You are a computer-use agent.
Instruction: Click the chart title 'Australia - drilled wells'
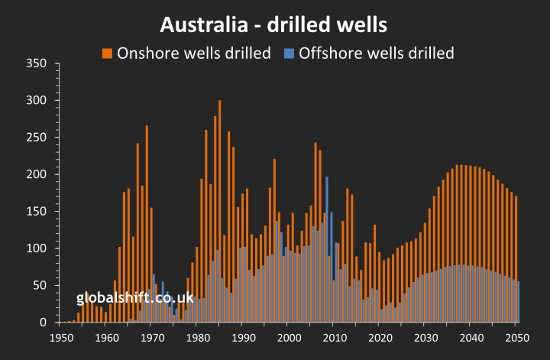click(x=273, y=24)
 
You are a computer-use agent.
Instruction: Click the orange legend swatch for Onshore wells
click(x=108, y=53)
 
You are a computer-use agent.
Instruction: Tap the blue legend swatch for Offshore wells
click(x=290, y=53)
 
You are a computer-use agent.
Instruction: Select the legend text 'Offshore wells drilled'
click(x=377, y=53)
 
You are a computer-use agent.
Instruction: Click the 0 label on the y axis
click(x=45, y=323)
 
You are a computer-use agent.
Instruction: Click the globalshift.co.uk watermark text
click(x=135, y=299)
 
